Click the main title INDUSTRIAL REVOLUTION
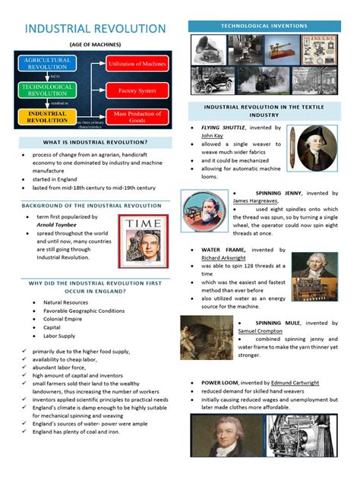click(95, 29)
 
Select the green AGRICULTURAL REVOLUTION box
click(47, 63)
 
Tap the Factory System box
click(137, 90)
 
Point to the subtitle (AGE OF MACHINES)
click(95, 46)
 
